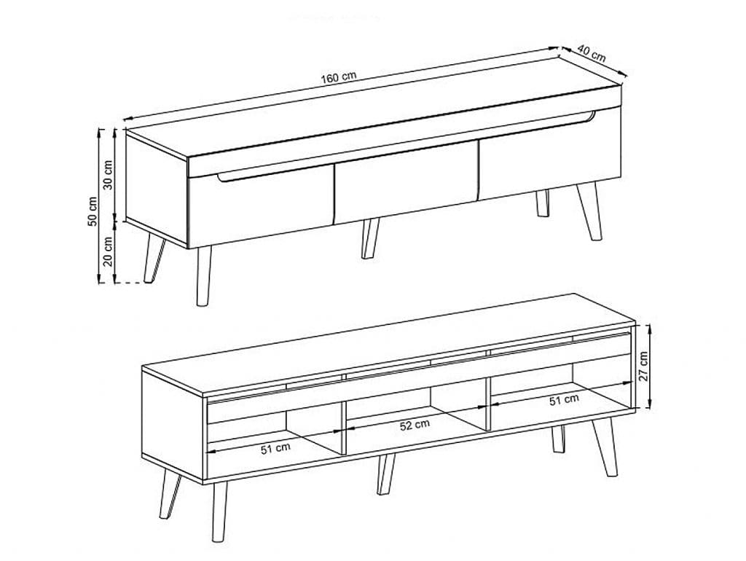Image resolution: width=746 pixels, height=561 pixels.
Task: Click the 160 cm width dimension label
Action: pyautogui.click(x=338, y=77)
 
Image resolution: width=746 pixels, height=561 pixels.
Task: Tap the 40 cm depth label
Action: pyautogui.click(x=592, y=53)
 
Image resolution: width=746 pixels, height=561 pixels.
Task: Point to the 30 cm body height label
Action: pyautogui.click(x=109, y=175)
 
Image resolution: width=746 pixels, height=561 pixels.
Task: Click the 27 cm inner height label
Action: pyautogui.click(x=643, y=366)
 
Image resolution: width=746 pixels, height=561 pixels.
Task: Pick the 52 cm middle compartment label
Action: pyautogui.click(x=415, y=425)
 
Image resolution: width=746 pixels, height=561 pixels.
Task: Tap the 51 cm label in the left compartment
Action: pyautogui.click(x=275, y=449)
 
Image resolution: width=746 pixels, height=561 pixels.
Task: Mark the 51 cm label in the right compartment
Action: pyautogui.click(x=565, y=400)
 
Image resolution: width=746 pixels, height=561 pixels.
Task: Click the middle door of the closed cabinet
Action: pyautogui.click(x=405, y=182)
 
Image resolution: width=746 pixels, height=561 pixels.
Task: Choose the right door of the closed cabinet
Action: pyautogui.click(x=550, y=154)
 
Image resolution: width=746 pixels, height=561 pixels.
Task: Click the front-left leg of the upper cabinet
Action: pyautogui.click(x=204, y=276)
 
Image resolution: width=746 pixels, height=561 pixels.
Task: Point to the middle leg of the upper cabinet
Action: pyautogui.click(x=370, y=238)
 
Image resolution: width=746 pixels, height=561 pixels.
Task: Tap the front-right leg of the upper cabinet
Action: pyautogui.click(x=590, y=211)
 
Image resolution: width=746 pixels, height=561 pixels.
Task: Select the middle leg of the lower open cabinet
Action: pyautogui.click(x=386, y=474)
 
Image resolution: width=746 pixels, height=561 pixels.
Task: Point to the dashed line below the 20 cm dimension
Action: pyautogui.click(x=130, y=283)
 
